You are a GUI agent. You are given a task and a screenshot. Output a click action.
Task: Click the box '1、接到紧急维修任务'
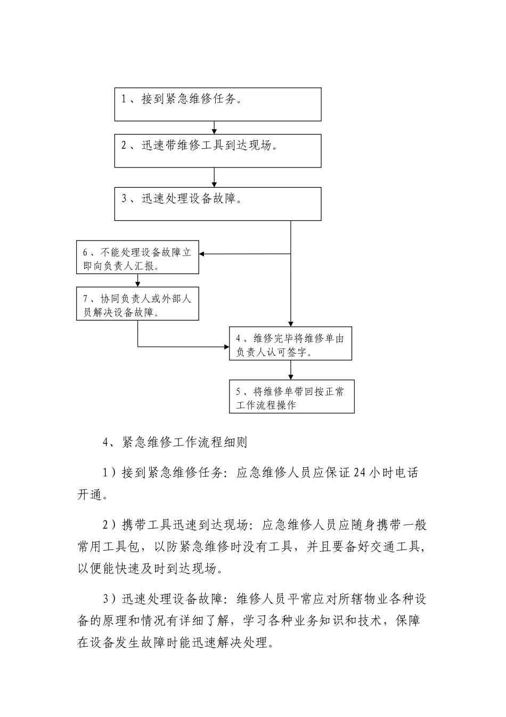click(x=218, y=105)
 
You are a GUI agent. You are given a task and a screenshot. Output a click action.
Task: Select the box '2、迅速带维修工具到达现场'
click(x=218, y=151)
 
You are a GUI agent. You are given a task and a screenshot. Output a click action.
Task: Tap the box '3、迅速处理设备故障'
click(x=218, y=204)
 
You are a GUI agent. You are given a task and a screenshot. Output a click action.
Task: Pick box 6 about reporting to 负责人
click(x=137, y=258)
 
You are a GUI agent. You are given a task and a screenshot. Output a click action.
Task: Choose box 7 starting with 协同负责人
click(x=137, y=305)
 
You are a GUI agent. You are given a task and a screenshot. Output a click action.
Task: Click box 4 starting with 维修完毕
click(x=291, y=343)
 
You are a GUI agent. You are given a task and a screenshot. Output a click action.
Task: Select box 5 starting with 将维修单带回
click(x=291, y=396)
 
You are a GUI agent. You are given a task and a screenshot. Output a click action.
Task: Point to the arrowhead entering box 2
click(x=214, y=131)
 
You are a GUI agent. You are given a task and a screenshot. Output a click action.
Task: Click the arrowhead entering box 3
click(x=214, y=184)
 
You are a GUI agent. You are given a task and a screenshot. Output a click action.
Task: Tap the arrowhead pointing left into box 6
click(x=202, y=254)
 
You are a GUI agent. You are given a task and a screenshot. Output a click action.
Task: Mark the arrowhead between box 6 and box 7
click(x=138, y=285)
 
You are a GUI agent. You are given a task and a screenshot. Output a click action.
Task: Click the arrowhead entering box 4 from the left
click(x=226, y=347)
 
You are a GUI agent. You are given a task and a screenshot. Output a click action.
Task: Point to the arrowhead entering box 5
click(x=291, y=377)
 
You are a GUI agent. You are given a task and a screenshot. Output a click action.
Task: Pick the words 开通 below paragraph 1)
click(x=88, y=495)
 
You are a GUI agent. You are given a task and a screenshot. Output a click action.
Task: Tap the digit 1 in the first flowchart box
click(x=124, y=99)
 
